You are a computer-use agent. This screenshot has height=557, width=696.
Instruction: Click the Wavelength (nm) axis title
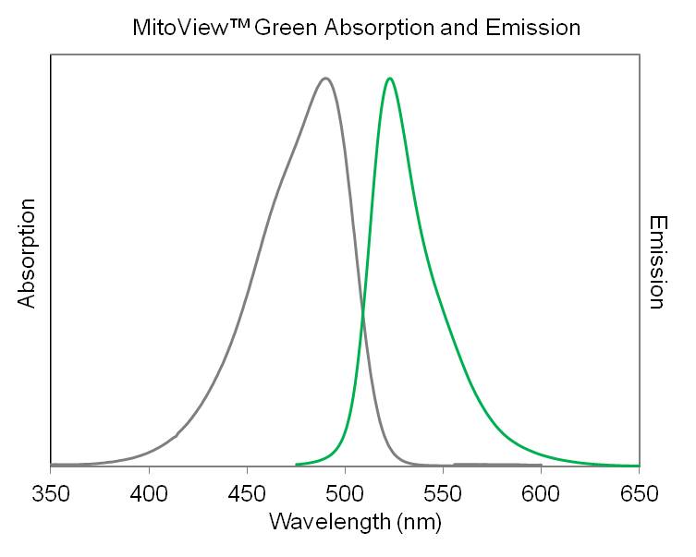point(355,523)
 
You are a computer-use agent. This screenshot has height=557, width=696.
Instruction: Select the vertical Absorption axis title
point(27,253)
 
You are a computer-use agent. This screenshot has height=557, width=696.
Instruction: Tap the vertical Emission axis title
point(657,262)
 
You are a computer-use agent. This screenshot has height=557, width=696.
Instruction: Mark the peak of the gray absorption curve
point(325,79)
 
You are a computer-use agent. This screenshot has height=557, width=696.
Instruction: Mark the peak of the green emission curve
point(390,79)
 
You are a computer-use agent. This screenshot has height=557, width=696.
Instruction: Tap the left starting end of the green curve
point(297,464)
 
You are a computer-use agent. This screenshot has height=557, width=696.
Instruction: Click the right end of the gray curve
point(541,465)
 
